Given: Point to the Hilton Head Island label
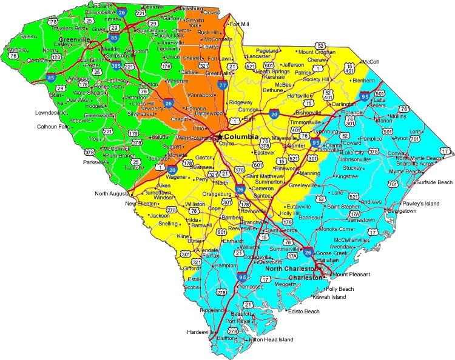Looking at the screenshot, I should [x=271, y=340].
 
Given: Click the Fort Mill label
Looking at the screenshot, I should [x=240, y=24].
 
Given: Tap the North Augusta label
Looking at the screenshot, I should [x=113, y=193].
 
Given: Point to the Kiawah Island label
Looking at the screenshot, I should [x=329, y=297].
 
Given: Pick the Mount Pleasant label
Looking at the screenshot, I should [x=354, y=275].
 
